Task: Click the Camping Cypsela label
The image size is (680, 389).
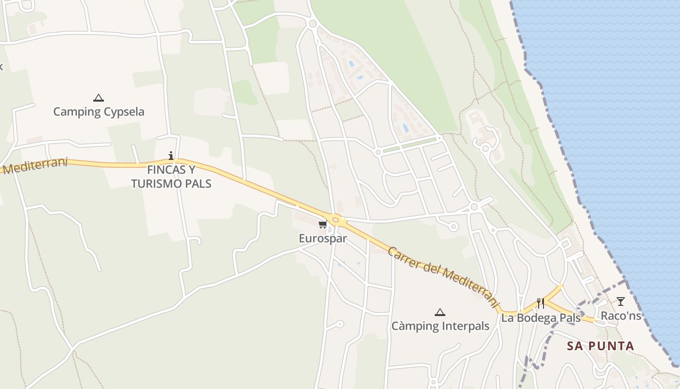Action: (99, 112)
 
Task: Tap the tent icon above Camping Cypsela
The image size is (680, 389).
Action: (99, 98)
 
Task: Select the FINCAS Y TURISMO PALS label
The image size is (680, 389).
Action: (171, 177)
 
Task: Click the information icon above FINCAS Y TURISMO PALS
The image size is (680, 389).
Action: (171, 156)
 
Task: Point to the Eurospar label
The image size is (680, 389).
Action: (323, 239)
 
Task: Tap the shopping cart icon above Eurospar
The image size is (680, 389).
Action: (323, 225)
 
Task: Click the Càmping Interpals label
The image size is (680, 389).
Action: (440, 326)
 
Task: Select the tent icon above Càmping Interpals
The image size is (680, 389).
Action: (440, 312)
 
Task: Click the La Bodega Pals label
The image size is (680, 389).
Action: (541, 318)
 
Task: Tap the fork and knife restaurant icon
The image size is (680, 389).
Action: (540, 303)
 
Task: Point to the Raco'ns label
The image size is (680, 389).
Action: (621, 316)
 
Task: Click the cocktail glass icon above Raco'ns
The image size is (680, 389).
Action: (621, 301)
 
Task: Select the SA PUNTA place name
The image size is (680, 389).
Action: (600, 346)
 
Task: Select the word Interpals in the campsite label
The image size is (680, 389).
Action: (465, 326)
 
